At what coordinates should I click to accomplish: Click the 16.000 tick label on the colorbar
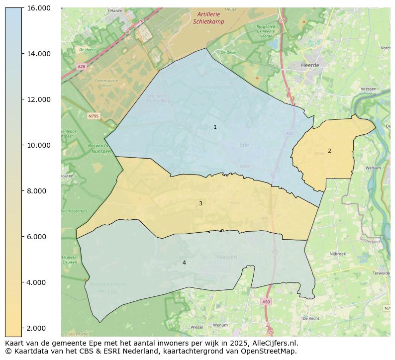[x=38, y=8]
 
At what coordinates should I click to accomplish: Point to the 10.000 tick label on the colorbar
[x=38, y=145]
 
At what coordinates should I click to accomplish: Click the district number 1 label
[x=215, y=127]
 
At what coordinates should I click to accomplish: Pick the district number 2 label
[x=329, y=151]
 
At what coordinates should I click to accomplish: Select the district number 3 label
[x=200, y=203]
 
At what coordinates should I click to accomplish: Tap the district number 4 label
[x=184, y=263]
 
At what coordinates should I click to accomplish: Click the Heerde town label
[x=310, y=65]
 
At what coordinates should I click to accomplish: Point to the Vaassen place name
[x=227, y=257]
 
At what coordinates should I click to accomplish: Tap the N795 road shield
[x=94, y=116]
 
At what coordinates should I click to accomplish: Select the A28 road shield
[x=81, y=66]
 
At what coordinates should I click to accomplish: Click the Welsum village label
[x=373, y=168]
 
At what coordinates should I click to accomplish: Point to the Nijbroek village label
[x=337, y=254]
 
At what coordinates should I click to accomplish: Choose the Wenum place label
[x=220, y=325]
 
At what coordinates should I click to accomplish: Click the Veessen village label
[x=369, y=89]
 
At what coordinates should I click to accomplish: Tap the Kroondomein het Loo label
[x=107, y=288]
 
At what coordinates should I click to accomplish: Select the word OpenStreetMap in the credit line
[x=270, y=351]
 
